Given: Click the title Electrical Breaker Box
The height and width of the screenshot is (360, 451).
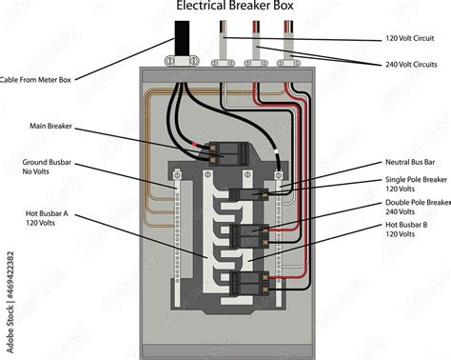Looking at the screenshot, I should click(x=235, y=8).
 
